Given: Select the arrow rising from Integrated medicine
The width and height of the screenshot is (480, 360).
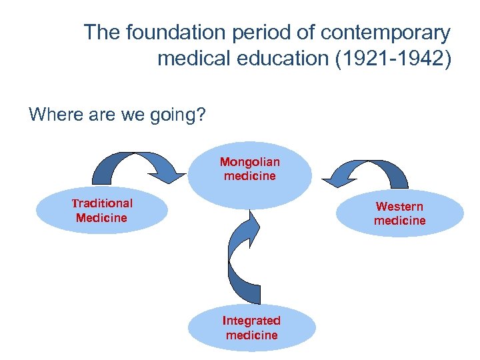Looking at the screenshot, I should pos(243,260).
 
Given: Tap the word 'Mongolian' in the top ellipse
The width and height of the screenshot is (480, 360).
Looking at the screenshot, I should pos(250,162).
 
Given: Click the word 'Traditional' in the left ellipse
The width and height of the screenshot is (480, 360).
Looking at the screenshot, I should pos(102,203).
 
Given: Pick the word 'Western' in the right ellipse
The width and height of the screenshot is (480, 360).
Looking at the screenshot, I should pos(399,207).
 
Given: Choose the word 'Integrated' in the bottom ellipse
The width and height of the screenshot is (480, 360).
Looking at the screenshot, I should pos(251,321).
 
